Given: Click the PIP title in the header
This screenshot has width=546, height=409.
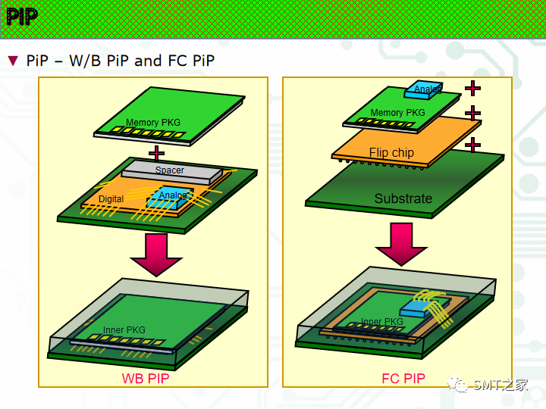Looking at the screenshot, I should coord(21,17).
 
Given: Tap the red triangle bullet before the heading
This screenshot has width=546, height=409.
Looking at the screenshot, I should coord(13,60).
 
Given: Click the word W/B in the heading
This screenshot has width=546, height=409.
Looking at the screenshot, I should coord(85,61).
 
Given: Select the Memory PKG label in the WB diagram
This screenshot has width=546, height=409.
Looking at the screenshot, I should coord(153,122).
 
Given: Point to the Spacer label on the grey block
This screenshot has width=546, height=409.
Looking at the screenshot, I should coord(170,170).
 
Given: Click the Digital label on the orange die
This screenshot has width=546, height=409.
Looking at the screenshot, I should coord(111,199).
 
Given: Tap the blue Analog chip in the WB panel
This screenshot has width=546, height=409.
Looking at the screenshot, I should coord(173,197).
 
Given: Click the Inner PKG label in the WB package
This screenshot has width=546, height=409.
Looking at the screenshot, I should coord(124,330).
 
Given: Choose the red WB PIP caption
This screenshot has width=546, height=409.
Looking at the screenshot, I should coord(145,378).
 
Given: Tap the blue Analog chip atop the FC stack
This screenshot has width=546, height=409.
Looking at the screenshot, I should coord(426,90).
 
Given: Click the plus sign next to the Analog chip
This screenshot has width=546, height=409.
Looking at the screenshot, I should coord(472,88).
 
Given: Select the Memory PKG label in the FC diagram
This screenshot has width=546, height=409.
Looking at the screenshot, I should coord(397,113).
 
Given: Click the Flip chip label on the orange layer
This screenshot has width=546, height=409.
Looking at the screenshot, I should coord(391,152).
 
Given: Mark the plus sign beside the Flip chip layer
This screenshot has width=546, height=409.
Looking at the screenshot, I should coord(472,144).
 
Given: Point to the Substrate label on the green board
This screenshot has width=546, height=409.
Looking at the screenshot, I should coord(403,198).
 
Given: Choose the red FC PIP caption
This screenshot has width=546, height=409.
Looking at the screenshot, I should coord(403,378).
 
